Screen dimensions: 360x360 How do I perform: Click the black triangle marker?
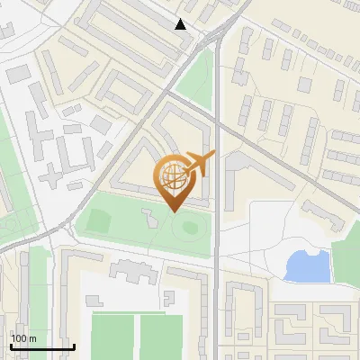181,24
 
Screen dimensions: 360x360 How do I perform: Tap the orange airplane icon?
199,164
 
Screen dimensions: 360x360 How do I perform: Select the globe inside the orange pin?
172,177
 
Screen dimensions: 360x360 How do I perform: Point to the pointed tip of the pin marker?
175,210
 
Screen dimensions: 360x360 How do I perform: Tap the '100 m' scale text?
23,338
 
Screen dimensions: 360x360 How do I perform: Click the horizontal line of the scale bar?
41,346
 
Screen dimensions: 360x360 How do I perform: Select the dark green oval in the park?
189,226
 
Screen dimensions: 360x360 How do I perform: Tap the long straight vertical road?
217,270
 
